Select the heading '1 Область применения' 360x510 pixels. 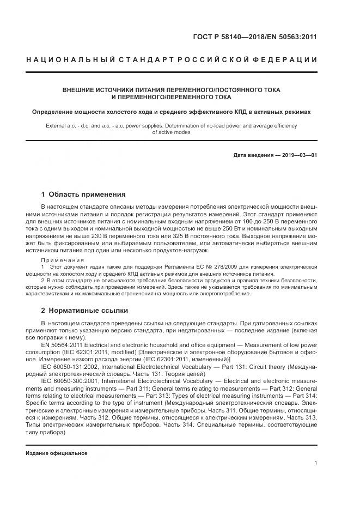pyautogui.click(x=83, y=194)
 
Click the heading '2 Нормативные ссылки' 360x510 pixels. pyautogui.click(x=84, y=311)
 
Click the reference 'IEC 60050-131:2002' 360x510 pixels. pyautogui.click(x=71, y=367)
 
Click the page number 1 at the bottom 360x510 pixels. pyautogui.click(x=316, y=463)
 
